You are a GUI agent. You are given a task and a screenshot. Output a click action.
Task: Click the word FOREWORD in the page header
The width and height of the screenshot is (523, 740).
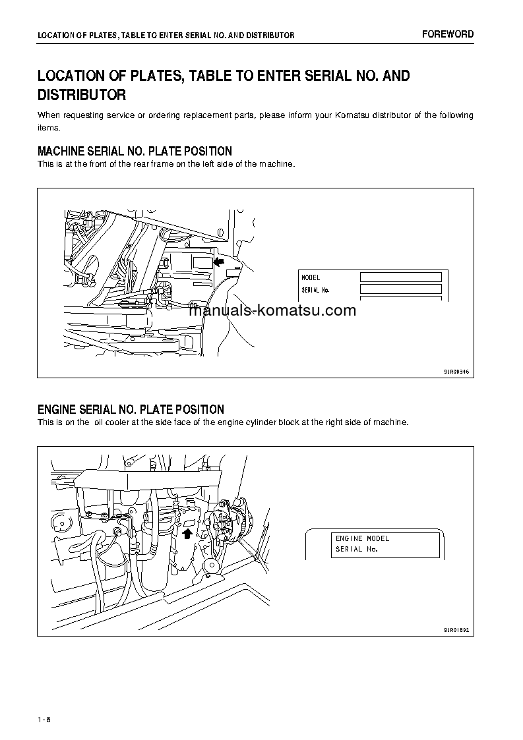tap(448, 34)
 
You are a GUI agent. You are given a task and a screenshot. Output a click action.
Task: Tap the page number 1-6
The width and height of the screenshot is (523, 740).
tap(44, 718)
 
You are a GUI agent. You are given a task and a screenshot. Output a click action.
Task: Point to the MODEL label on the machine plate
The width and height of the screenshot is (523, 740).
tap(311, 278)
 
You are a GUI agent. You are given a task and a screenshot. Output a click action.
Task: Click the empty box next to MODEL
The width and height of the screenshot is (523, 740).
tap(400, 277)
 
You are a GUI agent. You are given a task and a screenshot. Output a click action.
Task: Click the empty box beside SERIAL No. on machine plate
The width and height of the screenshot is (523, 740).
tap(400, 289)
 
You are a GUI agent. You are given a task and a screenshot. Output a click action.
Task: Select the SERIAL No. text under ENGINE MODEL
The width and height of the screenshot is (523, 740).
tap(356, 550)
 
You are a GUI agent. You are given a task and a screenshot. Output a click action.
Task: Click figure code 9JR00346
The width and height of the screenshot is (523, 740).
tap(456, 372)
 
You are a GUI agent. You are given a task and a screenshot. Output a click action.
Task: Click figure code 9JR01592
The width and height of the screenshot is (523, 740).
tap(456, 630)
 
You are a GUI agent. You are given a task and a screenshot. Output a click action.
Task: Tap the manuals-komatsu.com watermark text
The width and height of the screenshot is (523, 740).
tap(272, 311)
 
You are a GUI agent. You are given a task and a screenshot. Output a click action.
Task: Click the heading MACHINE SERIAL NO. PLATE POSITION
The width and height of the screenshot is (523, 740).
tap(135, 152)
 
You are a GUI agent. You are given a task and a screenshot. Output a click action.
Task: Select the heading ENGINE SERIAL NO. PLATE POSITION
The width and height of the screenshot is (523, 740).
tap(131, 410)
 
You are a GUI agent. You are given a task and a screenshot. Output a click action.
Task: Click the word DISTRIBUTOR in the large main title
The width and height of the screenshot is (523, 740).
tap(81, 96)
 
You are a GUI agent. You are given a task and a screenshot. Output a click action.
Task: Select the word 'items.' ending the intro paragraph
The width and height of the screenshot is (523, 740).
tap(48, 127)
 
